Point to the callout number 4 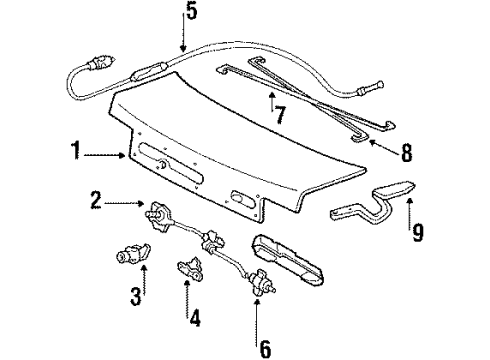coord(196,319)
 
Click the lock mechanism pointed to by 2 coord(161,214)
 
